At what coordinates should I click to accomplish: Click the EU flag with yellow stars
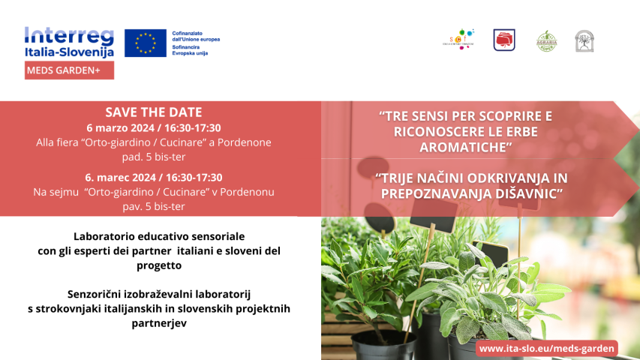click(x=146, y=43)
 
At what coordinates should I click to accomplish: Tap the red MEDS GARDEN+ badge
click(x=69, y=70)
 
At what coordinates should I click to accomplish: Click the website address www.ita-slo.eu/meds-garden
click(x=547, y=348)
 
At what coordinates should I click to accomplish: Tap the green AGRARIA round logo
click(x=547, y=40)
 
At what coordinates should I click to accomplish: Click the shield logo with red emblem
click(x=504, y=40)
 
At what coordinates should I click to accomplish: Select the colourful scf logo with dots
click(x=458, y=40)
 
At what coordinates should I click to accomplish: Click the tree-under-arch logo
click(x=584, y=41)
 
